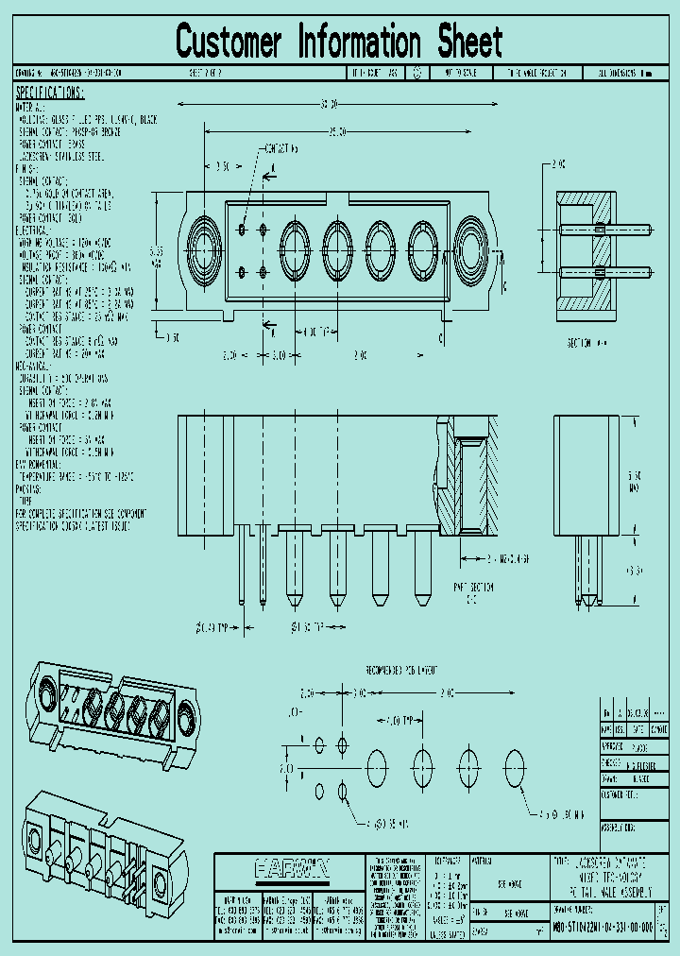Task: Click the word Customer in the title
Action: coord(229,42)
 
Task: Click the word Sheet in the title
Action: coord(469,42)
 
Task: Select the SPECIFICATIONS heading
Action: coord(50,93)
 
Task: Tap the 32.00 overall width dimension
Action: coord(330,104)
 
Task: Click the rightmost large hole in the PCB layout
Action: coord(514,762)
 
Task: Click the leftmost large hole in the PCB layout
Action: coord(376,762)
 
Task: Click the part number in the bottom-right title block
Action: coord(602,930)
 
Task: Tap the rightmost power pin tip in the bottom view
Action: coord(422,599)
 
